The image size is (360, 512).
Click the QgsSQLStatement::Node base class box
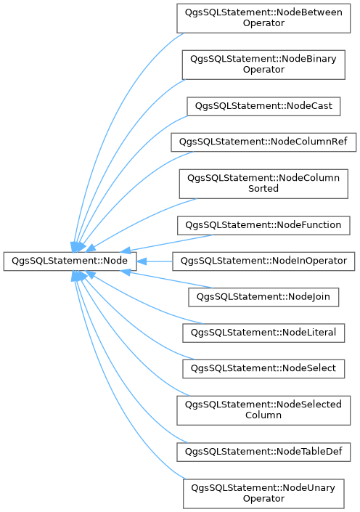tap(70, 261)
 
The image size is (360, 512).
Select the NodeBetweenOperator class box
tap(263, 18)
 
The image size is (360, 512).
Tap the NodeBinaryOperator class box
tap(263, 65)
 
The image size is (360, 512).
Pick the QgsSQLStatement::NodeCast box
tap(263, 106)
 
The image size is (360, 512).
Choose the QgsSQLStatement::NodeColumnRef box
tap(263, 142)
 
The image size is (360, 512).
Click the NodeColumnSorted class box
tap(263, 184)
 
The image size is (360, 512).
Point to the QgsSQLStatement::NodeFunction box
tap(263, 225)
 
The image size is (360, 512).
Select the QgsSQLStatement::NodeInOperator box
tap(263, 261)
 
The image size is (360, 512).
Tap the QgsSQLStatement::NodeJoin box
tap(263, 297)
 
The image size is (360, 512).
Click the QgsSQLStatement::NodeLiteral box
tap(263, 333)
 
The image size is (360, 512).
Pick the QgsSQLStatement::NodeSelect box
tap(263, 369)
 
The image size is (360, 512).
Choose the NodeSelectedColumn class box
tap(263, 410)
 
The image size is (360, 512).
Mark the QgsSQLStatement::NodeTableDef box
tap(263, 452)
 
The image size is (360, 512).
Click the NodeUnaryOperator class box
tap(263, 494)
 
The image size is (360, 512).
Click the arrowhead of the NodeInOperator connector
tap(142, 261)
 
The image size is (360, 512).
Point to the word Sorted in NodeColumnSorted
tap(263, 188)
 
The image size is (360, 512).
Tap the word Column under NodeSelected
tap(263, 415)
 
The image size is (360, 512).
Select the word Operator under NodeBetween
tap(263, 23)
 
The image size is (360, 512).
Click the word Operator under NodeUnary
tap(263, 499)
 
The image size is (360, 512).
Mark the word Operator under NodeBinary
tap(263, 70)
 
